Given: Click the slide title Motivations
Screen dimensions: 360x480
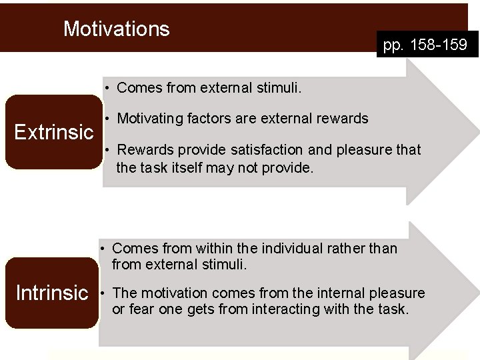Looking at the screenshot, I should (116, 29).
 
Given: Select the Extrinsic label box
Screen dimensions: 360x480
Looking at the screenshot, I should (54, 132).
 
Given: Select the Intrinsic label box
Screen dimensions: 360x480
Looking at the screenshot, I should (52, 293).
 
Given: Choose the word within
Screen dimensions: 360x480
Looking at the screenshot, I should (215, 249).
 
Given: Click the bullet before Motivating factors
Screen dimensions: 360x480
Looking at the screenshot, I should (107, 119).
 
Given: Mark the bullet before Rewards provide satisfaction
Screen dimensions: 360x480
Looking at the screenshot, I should (107, 150).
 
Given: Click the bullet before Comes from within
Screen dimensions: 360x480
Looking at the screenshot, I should (103, 249).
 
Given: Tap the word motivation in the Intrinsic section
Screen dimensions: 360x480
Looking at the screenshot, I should (167, 293).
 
